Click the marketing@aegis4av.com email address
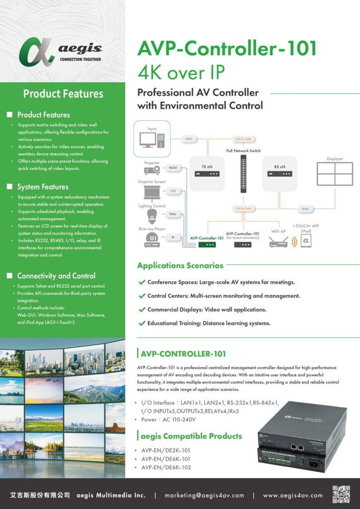204,495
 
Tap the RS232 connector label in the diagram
173,168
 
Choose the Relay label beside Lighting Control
173,214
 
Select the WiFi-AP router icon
278,243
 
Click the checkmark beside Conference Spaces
142,282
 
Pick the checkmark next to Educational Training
142,324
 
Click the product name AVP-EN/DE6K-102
166,467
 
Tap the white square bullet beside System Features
9,187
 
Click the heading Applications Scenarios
180,265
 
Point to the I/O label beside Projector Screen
173,191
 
